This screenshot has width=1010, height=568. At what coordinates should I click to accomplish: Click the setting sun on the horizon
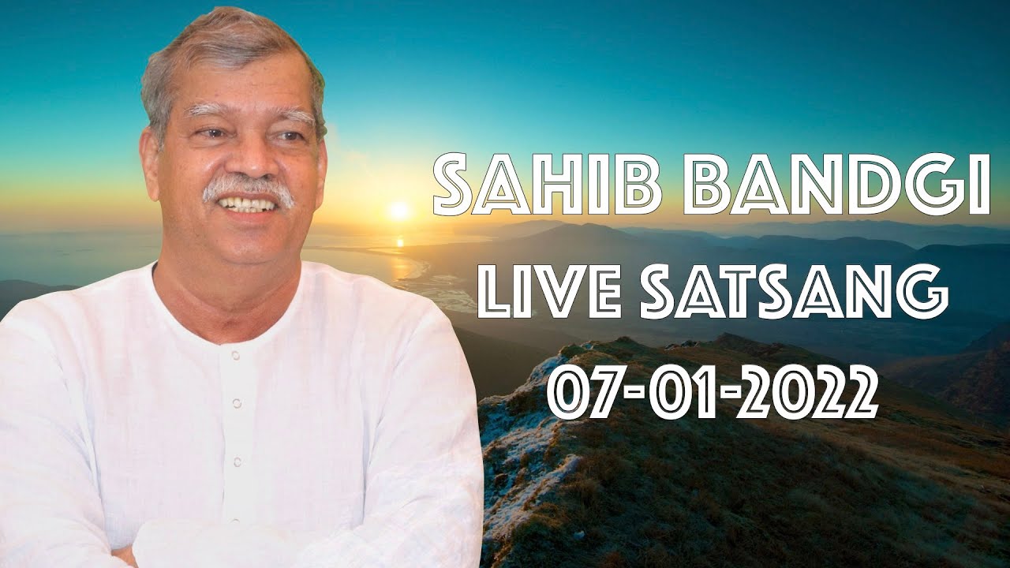[399, 210]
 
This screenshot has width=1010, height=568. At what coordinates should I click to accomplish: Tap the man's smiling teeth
[248, 204]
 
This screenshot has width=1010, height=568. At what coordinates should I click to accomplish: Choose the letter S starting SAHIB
[455, 183]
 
